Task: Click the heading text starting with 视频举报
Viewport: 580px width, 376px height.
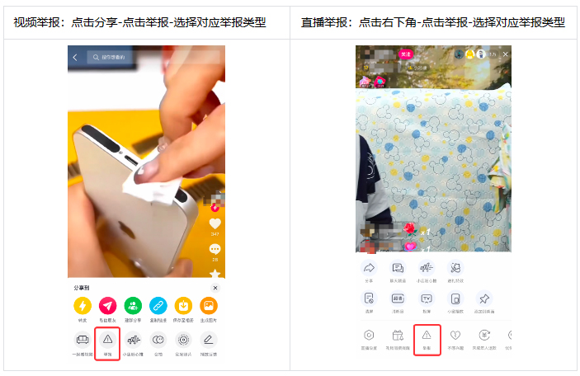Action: click(139, 21)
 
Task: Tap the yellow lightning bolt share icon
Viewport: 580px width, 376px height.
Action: click(82, 306)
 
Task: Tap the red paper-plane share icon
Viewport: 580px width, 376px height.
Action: click(107, 306)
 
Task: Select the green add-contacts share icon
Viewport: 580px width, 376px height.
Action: click(133, 306)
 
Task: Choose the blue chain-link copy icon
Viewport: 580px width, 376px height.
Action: click(158, 306)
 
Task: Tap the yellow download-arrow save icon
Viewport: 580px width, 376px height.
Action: click(184, 306)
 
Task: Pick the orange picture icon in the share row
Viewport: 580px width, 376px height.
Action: click(210, 306)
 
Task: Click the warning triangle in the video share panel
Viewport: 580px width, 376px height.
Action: click(107, 339)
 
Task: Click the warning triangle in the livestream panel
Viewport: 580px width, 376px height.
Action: click(427, 335)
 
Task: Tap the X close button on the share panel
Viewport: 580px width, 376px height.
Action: click(215, 288)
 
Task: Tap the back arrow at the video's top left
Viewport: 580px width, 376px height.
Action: click(75, 58)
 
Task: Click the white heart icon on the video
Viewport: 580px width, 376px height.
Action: click(215, 223)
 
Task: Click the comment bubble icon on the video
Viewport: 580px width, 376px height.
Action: click(215, 248)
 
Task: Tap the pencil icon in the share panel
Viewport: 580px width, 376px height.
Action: click(210, 339)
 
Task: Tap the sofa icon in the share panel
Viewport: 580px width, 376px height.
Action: click(82, 339)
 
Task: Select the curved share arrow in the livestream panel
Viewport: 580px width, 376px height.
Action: click(369, 268)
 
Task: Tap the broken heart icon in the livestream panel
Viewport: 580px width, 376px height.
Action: click(455, 335)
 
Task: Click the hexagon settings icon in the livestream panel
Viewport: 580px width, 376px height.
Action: click(369, 335)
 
